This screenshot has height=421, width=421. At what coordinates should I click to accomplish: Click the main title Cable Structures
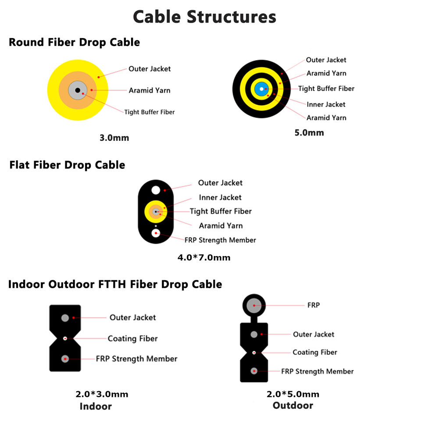(205, 17)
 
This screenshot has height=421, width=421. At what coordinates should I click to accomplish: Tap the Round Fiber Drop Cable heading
(75, 43)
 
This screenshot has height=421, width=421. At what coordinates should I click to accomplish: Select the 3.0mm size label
(114, 138)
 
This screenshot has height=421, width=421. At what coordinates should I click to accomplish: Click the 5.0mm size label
(309, 132)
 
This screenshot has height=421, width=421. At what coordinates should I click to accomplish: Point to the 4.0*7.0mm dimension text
(204, 257)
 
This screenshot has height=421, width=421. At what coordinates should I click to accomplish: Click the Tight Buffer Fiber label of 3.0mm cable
(150, 112)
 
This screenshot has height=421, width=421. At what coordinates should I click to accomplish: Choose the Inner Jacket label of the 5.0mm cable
(326, 104)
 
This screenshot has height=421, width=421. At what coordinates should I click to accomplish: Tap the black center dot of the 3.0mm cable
(78, 90)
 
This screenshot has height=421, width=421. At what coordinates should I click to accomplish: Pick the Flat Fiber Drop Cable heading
(67, 165)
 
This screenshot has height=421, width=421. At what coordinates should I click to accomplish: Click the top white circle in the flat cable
(156, 190)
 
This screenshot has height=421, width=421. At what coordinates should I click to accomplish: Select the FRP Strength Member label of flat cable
(220, 240)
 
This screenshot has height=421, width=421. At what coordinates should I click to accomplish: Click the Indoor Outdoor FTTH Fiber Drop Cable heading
(115, 284)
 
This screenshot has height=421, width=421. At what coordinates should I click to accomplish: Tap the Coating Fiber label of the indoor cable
(132, 339)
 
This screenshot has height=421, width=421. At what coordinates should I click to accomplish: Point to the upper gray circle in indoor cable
(65, 318)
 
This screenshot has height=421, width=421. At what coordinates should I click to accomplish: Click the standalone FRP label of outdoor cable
(314, 305)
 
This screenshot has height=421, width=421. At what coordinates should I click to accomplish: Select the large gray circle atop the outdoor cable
(254, 305)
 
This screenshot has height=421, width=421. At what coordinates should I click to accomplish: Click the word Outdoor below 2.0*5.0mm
(293, 405)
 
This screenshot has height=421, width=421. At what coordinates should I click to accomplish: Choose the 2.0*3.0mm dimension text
(102, 394)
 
